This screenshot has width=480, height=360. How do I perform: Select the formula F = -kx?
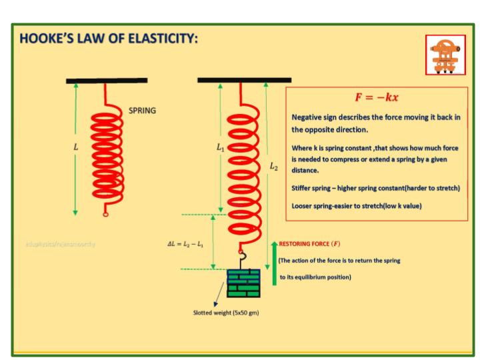(x=377, y=97)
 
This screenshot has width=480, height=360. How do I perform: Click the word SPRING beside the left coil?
(x=143, y=110)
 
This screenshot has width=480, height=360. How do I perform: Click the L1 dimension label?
(x=221, y=148)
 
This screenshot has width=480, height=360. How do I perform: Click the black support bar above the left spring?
(x=107, y=81)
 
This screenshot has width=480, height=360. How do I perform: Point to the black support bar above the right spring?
(x=235, y=80)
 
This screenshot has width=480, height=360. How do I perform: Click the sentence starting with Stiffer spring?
(x=376, y=188)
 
